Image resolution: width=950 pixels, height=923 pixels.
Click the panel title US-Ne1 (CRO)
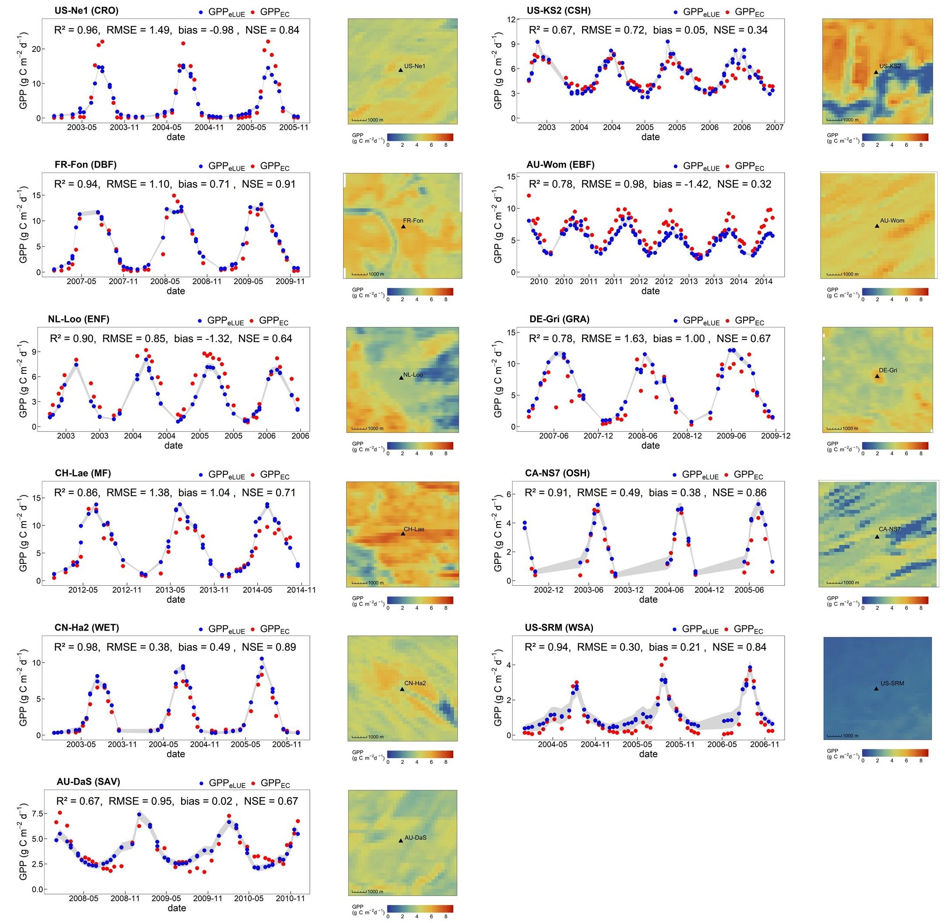[x=86, y=10]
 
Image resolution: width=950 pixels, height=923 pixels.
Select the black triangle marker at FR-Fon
[x=403, y=226]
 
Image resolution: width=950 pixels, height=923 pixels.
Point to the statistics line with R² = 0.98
[x=175, y=647]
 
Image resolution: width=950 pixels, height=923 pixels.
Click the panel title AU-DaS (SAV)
[x=88, y=782]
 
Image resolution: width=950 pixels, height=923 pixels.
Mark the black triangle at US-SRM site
[x=876, y=688]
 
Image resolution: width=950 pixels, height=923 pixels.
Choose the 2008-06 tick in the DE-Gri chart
[x=643, y=436]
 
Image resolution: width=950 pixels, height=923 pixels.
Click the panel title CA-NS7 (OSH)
[x=557, y=473]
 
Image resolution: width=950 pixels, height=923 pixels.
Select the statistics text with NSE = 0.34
[x=648, y=30]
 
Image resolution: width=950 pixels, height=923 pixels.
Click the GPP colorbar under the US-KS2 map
[x=895, y=137]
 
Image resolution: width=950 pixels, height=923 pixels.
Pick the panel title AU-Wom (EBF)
[x=560, y=165]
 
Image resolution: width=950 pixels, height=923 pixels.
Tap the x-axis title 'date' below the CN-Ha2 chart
[x=175, y=754]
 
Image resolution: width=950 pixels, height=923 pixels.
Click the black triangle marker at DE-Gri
[x=877, y=376]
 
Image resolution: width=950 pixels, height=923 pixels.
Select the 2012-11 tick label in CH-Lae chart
[x=127, y=590]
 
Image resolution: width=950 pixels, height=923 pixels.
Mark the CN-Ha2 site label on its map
[x=415, y=683]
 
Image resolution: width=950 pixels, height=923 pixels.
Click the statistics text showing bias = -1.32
[x=171, y=338]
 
